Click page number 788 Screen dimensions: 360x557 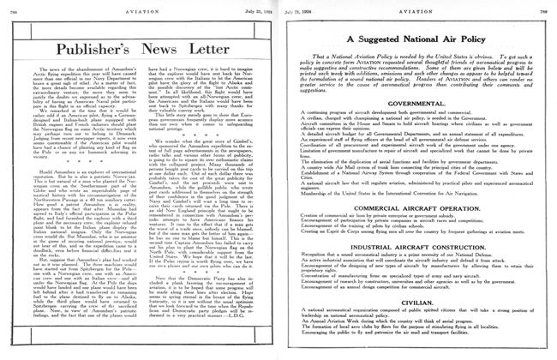click(10, 7)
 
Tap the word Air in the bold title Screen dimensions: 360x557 click(464, 39)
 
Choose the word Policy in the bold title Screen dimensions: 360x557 click(494, 39)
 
